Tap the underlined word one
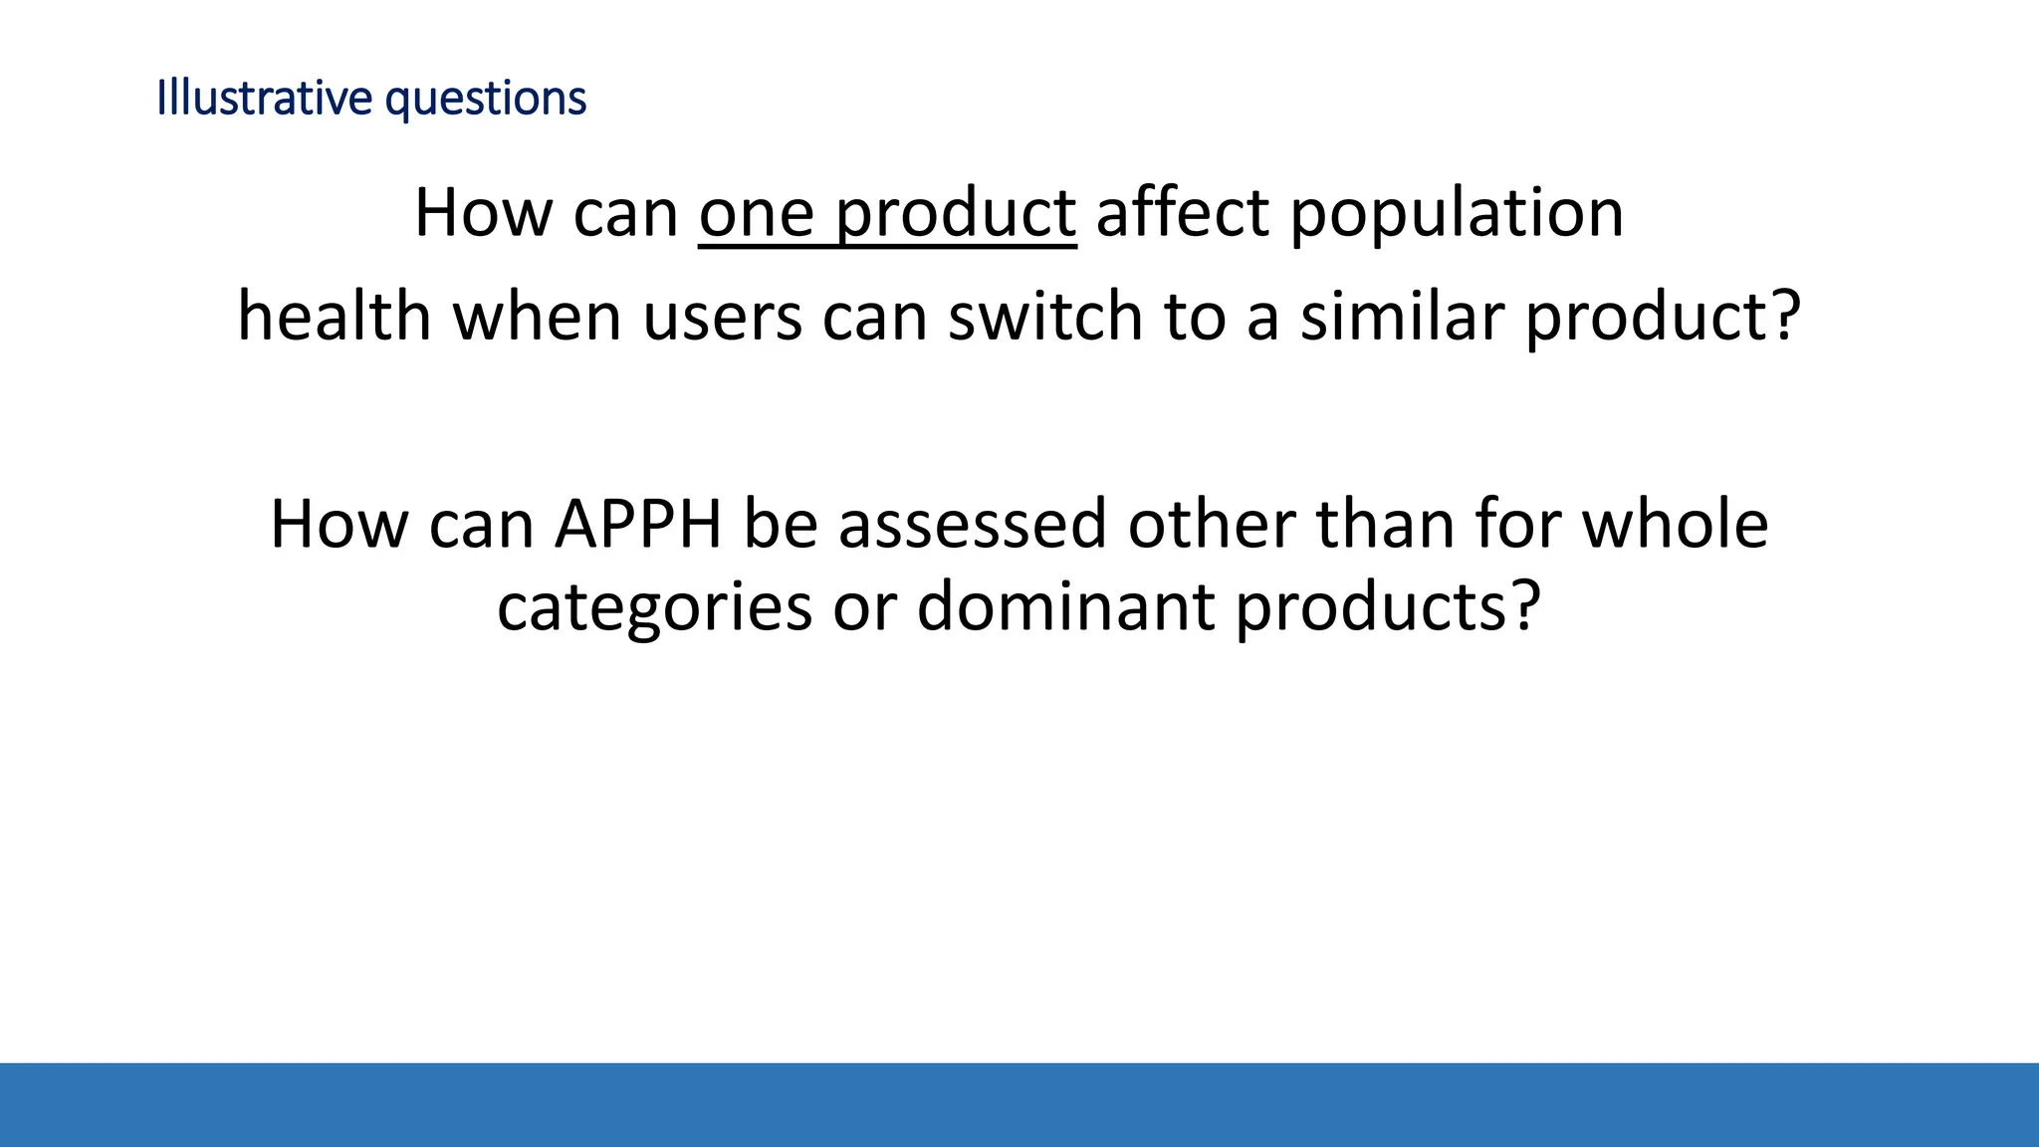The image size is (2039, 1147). coord(756,213)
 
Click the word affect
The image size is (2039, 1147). coord(1182,213)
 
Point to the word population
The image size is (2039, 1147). coord(1457,215)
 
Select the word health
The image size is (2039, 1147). coord(334,317)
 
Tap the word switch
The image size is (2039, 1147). coord(1044,317)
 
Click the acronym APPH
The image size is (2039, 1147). coord(637,525)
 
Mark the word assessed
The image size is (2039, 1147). coord(972,525)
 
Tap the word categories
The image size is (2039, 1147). coord(654,607)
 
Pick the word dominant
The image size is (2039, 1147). coord(1064,605)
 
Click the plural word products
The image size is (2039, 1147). coord(1372,607)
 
